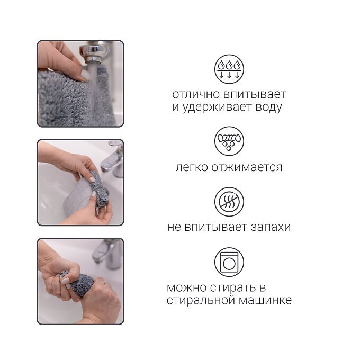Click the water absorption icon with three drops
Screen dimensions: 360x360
pos(229,69)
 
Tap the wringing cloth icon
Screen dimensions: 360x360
pos(229,141)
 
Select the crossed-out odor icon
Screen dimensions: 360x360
pos(229,202)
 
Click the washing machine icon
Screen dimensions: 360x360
pos(229,262)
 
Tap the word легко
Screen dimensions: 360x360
pos(192,167)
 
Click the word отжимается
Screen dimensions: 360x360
pos(247,167)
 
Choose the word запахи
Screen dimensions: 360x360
pos(271,227)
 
